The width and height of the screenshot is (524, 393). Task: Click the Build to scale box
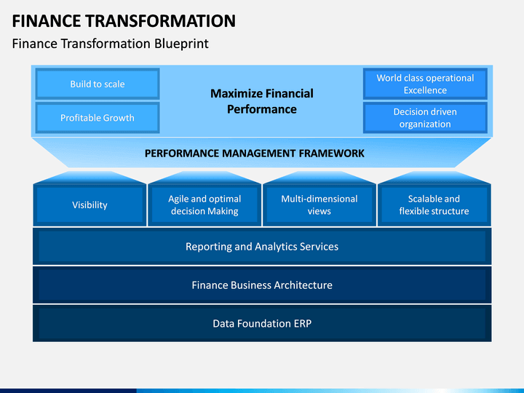tap(98, 84)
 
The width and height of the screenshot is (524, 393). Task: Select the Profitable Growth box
tap(98, 118)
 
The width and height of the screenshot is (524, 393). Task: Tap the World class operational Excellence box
tap(425, 84)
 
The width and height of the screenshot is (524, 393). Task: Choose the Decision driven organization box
tap(425, 118)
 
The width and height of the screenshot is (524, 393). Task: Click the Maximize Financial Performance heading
tap(262, 101)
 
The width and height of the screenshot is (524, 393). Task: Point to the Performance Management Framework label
tap(254, 154)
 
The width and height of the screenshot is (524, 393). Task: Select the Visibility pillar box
tap(90, 205)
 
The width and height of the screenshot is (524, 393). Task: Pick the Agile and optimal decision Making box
tap(205, 205)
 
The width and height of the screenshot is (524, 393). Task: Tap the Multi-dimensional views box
tap(319, 205)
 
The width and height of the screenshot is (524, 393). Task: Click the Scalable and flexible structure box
tap(434, 205)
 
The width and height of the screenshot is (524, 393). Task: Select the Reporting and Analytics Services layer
tap(262, 246)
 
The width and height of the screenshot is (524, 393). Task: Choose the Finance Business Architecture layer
tap(262, 285)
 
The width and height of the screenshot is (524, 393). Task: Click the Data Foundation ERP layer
tap(262, 323)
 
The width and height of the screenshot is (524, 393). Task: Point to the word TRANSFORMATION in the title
tap(160, 21)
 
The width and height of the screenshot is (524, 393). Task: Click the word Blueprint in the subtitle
tap(181, 44)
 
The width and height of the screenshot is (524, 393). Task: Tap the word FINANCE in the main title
tap(47, 21)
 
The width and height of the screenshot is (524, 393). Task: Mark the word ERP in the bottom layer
tap(303, 323)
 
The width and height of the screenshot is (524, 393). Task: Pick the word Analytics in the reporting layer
tap(275, 247)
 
